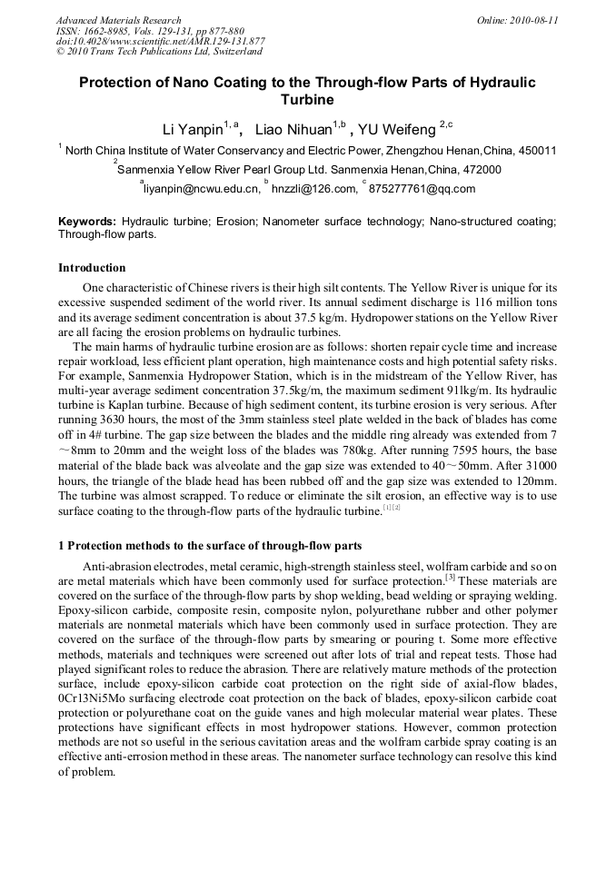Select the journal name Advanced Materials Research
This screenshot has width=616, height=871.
coord(118,20)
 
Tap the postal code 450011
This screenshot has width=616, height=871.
coord(536,151)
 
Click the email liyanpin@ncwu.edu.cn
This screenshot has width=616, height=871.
coord(202,189)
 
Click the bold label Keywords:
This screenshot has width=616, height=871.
coord(87,222)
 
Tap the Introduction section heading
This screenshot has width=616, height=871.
coord(92,268)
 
